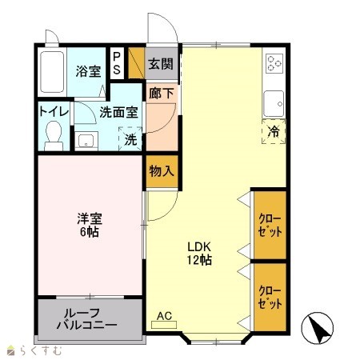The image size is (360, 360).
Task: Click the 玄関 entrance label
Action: [161, 64]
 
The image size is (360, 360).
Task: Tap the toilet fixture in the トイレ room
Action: [54, 136]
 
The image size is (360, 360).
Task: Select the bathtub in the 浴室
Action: [52, 72]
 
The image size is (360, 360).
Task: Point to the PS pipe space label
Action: [117, 63]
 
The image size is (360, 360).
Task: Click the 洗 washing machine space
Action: [130, 139]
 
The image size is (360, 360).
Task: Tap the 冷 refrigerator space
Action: [274, 131]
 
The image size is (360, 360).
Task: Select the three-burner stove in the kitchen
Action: [274, 63]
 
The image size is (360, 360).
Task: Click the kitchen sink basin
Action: [274, 103]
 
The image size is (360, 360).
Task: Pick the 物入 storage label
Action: [162, 171]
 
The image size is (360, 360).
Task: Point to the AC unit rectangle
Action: [164, 325]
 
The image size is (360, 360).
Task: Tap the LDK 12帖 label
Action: [199, 253]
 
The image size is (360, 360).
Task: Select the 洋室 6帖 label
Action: [90, 226]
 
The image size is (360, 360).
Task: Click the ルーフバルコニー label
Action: [87, 319]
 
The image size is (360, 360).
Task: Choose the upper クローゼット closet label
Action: [270, 226]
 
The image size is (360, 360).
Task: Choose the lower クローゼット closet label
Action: [270, 298]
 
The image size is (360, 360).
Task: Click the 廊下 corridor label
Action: [161, 94]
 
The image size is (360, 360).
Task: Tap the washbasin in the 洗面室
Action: [86, 141]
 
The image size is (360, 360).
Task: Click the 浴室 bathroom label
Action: [88, 71]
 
